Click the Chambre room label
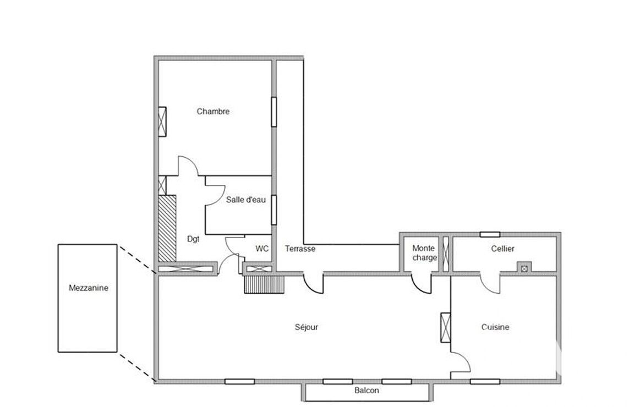[213, 112]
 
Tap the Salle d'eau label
[246, 200]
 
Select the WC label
[262, 249]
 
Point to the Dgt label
[193, 239]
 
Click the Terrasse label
[300, 249]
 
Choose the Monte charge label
[424, 253]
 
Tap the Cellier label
[502, 249]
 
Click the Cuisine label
[495, 327]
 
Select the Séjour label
[307, 327]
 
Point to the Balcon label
[367, 391]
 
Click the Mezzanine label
[89, 288]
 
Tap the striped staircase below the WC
[264, 285]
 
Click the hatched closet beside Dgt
[167, 229]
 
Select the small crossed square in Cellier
[524, 268]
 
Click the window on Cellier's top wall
[490, 235]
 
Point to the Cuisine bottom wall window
[485, 381]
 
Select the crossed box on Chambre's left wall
[162, 122]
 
